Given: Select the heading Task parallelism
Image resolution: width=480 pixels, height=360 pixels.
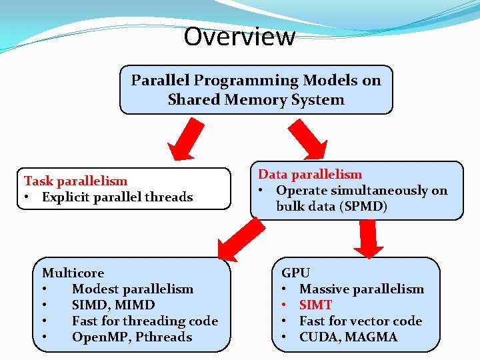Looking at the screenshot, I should (x=75, y=181).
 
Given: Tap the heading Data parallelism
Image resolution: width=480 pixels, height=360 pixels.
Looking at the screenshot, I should (x=310, y=174).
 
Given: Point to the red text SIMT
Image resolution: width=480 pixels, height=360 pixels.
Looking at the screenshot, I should (x=315, y=305).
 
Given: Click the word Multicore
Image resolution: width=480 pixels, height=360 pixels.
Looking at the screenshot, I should (x=73, y=273).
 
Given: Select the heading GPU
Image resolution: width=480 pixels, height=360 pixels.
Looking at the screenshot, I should (x=295, y=273).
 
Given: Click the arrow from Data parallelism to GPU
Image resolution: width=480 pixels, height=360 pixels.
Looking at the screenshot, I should (x=369, y=239).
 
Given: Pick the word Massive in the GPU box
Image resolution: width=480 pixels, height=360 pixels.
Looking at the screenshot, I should (x=324, y=289).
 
